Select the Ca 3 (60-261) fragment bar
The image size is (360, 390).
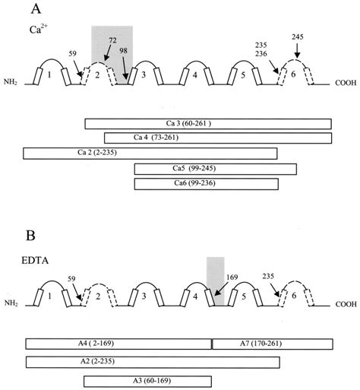(x=208, y=123)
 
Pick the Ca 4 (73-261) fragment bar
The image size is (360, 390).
(x=218, y=138)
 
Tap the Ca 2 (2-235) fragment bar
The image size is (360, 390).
(x=150, y=153)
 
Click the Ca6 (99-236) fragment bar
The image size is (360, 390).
(x=206, y=183)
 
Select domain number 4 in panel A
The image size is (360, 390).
(x=196, y=76)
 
